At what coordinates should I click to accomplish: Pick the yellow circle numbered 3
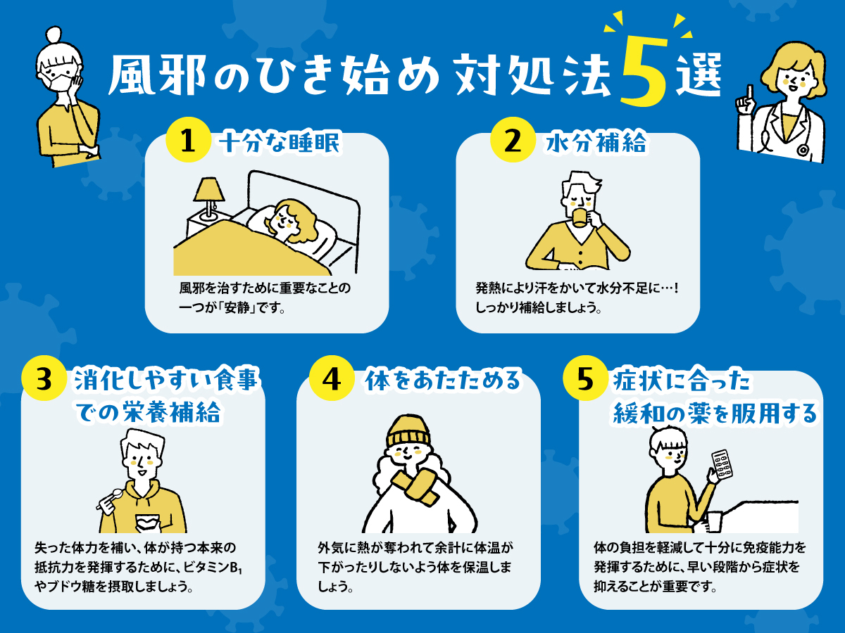(44, 379)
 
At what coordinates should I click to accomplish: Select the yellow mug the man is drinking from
(580, 215)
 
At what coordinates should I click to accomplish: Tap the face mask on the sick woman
(56, 75)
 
